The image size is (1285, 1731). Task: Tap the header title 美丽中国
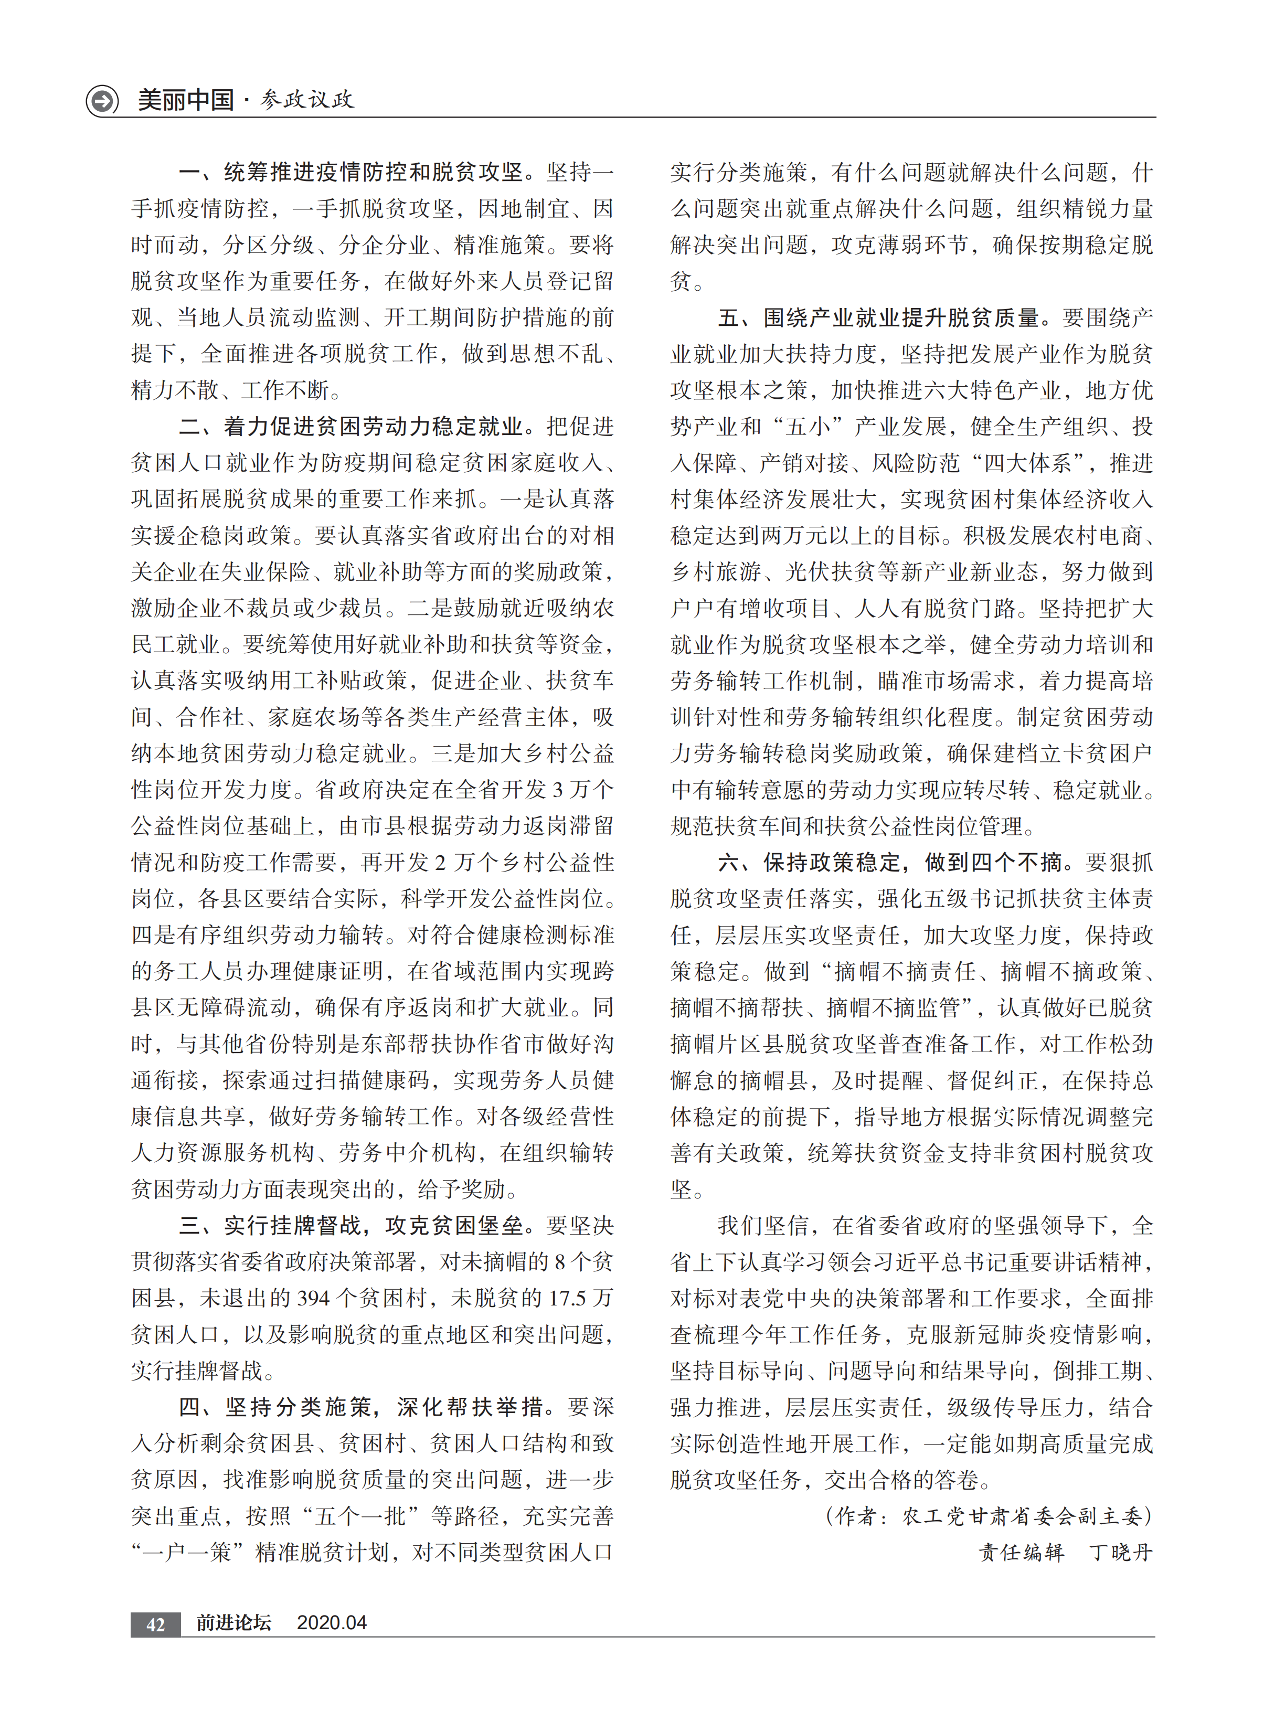[186, 100]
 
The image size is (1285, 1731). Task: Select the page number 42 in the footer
[155, 1623]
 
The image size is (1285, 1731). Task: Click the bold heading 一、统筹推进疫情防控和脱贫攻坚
[350, 172]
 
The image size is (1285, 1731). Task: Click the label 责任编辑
[1021, 1554]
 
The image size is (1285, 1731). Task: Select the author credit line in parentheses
[990, 1517]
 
